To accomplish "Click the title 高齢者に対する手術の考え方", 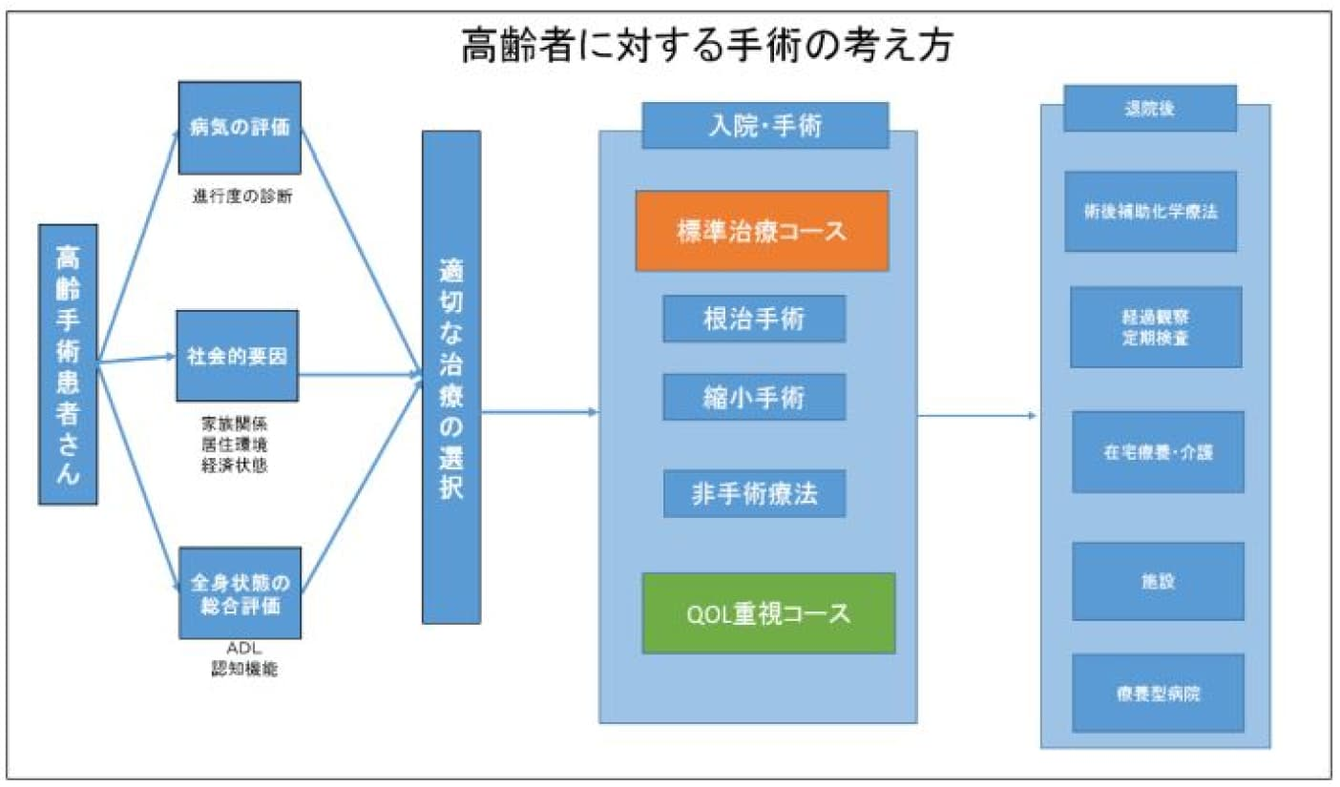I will pos(706,45).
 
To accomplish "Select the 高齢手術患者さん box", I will pos(68,364).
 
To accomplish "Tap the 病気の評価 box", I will pos(240,128).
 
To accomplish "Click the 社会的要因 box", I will pos(239,355).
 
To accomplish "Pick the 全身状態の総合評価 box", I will pos(241,592).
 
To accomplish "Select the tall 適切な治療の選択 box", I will pos(451,378).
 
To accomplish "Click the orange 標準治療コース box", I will pos(763,231).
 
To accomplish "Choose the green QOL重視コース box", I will pos(768,612).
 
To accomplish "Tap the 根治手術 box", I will pos(754,319).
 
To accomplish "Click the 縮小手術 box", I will pos(754,397).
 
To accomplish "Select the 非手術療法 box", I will pos(754,493).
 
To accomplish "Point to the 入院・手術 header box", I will pos(765,126).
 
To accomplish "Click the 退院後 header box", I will pos(1149,108).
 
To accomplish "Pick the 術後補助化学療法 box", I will pos(1150,211).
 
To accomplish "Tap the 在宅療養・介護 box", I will pos(1157,451).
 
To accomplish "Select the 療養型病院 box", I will pos(1157,693).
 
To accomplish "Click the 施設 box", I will pos(1157,581).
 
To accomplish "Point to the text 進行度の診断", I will pos(241,197).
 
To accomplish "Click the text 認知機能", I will pos(244,670).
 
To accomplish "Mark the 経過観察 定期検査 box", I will pos(1156,326).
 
